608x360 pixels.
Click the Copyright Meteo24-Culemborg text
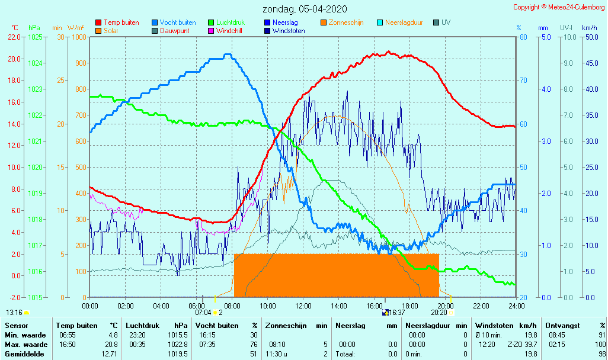click(559, 7)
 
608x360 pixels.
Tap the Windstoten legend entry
click(289, 31)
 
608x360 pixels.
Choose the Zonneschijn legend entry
click(345, 22)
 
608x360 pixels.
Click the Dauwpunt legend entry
click(175, 31)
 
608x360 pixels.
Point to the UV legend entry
click(446, 22)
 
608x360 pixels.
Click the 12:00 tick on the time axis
click(303, 306)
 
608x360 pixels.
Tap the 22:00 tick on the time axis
click(481, 306)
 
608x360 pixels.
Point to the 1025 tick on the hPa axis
click(35, 37)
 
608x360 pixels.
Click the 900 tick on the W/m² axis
click(80, 63)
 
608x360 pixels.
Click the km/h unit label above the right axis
click(589, 28)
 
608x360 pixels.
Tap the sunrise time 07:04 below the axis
click(203, 312)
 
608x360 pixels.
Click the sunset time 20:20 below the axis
click(439, 312)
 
